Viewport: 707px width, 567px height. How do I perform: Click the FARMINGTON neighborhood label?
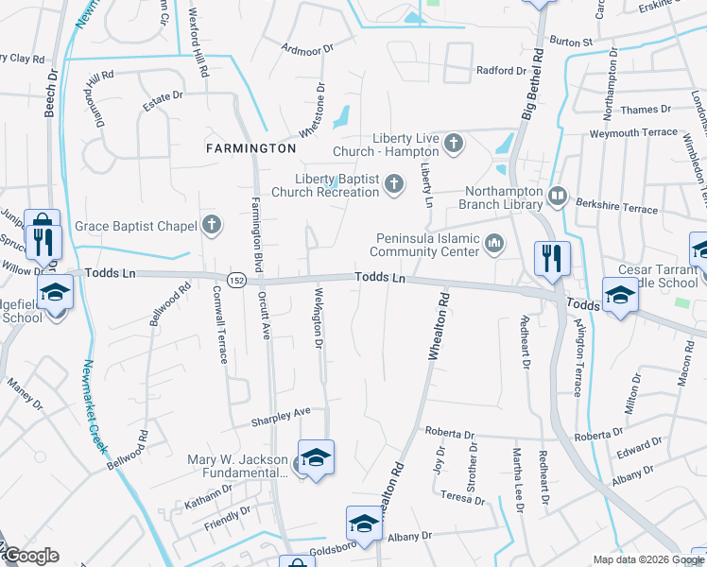pos(252,148)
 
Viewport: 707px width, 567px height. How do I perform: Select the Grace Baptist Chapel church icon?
pos(213,225)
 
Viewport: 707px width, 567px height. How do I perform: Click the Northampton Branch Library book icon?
pos(558,196)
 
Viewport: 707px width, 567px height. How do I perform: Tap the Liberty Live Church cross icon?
pos(454,145)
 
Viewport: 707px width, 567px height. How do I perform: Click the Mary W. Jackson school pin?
pos(316,455)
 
